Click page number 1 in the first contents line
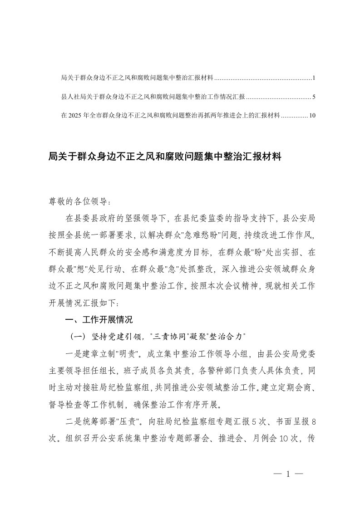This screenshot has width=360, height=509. (314, 78)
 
